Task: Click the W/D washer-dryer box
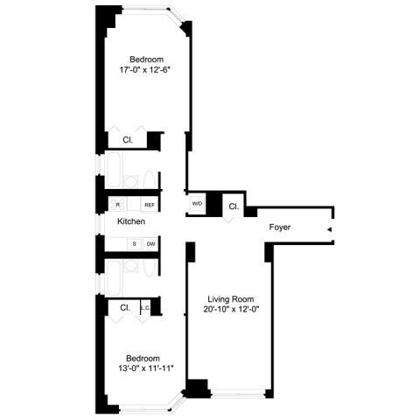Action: tap(197, 204)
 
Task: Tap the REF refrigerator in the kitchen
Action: tap(150, 205)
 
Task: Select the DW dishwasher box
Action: tap(150, 244)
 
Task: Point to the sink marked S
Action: tap(134, 244)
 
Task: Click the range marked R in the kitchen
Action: tap(118, 204)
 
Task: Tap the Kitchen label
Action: tap(131, 221)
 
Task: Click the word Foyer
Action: tap(280, 227)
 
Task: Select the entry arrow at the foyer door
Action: tap(330, 229)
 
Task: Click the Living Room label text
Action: tap(231, 299)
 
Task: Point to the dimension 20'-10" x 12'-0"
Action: tap(231, 309)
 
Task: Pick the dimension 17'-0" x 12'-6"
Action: tap(144, 70)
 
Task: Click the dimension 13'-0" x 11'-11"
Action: tap(146, 368)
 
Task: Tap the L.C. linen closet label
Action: tap(145, 307)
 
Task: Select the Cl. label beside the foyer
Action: tap(234, 206)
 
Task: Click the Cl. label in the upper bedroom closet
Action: tap(128, 140)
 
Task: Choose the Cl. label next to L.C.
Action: tap(125, 308)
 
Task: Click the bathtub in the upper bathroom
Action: tap(114, 170)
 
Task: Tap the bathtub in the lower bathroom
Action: tap(114, 278)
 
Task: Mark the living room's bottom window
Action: tap(238, 395)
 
